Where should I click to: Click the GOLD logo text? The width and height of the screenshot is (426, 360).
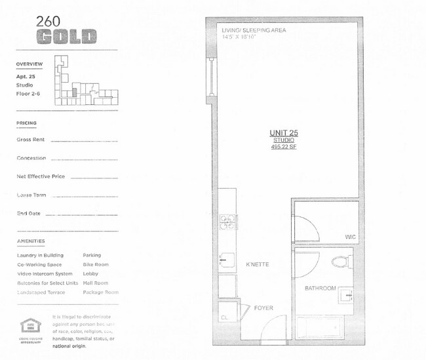(x=66, y=37)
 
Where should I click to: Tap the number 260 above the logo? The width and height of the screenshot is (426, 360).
(x=49, y=20)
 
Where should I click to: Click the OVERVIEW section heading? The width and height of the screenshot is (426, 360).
(x=29, y=64)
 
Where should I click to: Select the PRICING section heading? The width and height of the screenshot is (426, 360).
(x=26, y=123)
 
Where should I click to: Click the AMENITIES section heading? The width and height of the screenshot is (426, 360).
(x=29, y=241)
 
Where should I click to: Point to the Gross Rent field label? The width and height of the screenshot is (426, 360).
(x=30, y=140)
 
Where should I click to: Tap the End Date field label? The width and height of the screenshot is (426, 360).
(x=28, y=213)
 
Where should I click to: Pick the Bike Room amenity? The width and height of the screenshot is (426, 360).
(x=96, y=264)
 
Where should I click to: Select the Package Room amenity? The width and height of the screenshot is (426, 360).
(x=101, y=292)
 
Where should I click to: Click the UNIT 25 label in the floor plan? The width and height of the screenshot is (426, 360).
(x=284, y=132)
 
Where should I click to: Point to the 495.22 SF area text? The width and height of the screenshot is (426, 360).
(x=284, y=147)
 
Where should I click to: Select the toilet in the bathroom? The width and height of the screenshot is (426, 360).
(x=339, y=262)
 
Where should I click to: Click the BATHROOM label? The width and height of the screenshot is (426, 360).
(x=320, y=288)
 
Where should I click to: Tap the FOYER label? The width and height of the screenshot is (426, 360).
(x=263, y=308)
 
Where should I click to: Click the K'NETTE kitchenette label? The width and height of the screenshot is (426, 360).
(x=258, y=264)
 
